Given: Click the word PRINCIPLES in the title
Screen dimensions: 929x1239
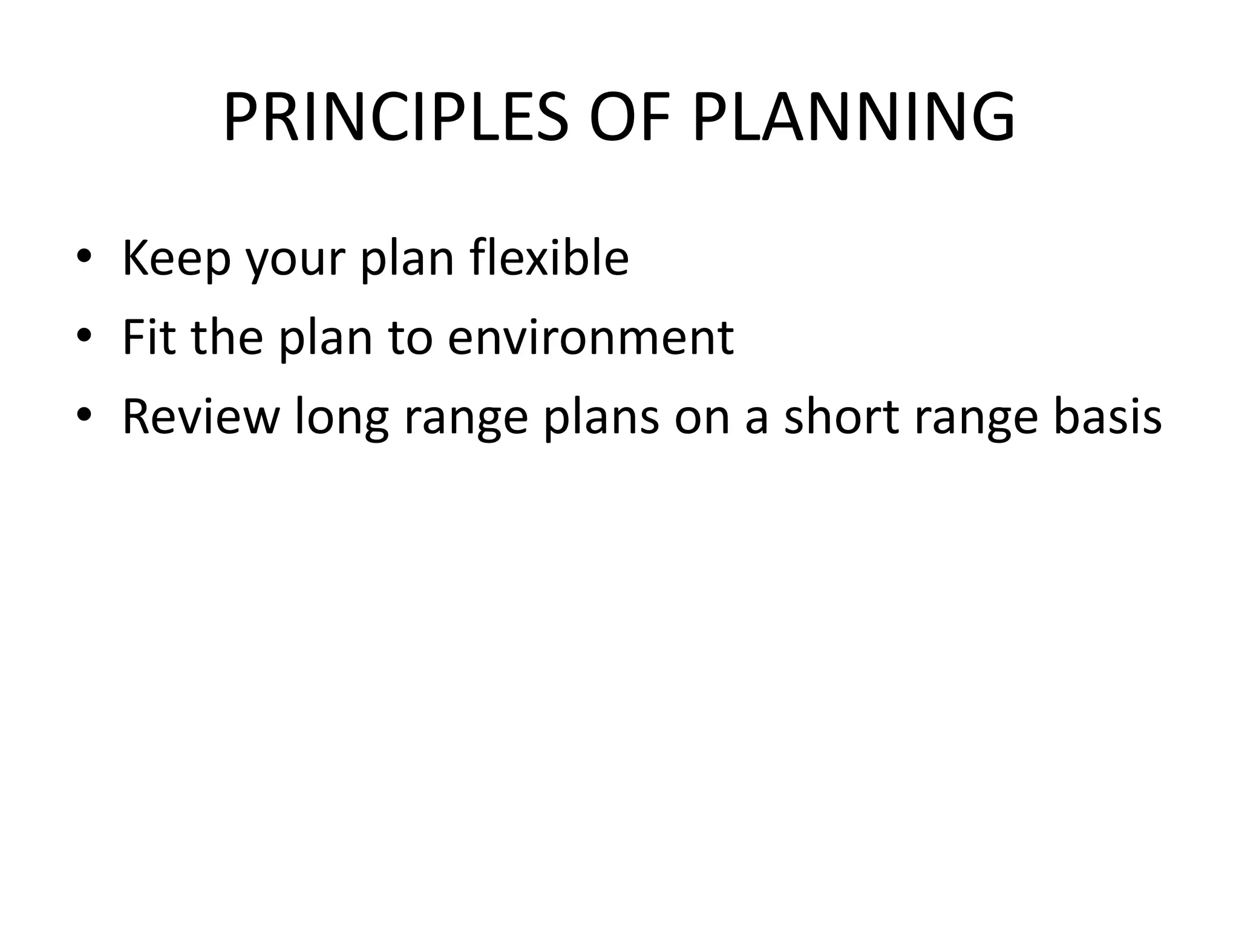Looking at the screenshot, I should point(396,117).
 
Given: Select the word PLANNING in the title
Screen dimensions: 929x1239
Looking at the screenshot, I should point(854,117).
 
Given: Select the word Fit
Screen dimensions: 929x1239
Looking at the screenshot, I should point(149,337).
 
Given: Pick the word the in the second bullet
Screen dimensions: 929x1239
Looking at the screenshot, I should point(227,337).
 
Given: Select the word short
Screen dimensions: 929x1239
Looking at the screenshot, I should point(841,416).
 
